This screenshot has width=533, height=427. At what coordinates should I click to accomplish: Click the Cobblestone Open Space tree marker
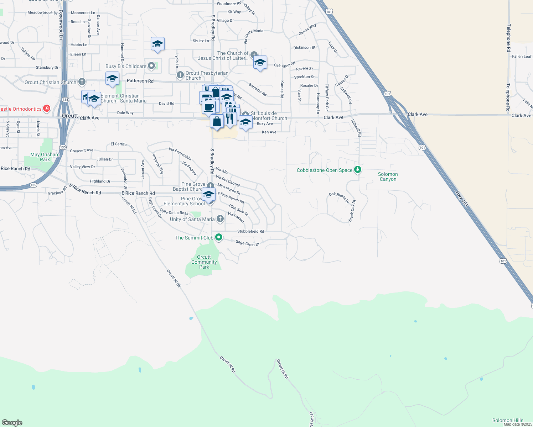[358, 170]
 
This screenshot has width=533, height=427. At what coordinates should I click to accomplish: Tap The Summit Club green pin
[219, 237]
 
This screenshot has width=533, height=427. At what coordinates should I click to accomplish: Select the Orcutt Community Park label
[204, 262]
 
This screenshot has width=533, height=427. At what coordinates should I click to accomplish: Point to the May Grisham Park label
[45, 157]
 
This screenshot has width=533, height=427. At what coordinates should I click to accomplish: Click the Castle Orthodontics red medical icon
[46, 109]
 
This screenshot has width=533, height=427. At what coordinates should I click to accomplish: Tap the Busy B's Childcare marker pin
[152, 66]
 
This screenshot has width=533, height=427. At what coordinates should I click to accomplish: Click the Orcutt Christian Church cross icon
[82, 82]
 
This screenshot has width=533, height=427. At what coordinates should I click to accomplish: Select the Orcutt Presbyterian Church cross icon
[180, 75]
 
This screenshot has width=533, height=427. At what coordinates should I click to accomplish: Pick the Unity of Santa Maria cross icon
[220, 219]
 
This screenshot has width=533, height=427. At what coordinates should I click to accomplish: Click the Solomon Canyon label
[388, 176]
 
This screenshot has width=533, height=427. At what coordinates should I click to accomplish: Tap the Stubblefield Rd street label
[250, 231]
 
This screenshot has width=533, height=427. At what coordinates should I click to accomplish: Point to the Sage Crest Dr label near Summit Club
[248, 243]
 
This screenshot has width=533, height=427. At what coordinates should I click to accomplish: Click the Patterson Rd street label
[140, 81]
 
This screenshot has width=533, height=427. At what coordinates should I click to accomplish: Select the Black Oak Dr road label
[352, 211]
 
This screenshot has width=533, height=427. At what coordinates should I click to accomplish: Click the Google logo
[12, 423]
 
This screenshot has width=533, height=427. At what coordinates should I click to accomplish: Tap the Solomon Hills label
[508, 420]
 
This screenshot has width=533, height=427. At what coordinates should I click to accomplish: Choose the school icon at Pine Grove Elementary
[208, 194]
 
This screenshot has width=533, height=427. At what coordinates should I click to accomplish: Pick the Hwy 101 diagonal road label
[461, 199]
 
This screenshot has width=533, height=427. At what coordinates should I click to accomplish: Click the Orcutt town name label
[70, 116]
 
